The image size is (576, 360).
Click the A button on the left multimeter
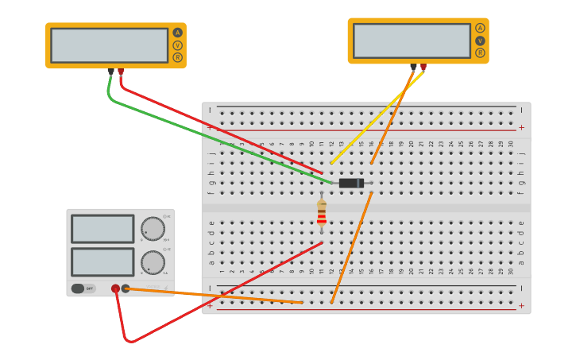click(177, 33)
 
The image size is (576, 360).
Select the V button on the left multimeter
click(177, 45)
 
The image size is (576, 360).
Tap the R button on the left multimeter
click(177, 57)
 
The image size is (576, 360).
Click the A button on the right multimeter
click(480, 28)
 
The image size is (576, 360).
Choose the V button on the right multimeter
click(480, 41)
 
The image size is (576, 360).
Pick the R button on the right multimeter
click(480, 52)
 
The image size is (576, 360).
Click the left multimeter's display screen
click(109, 45)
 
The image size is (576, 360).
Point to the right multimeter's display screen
click(412, 41)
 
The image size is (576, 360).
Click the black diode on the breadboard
click(350, 183)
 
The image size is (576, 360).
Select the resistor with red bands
click(322, 212)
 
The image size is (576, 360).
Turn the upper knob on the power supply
click(153, 229)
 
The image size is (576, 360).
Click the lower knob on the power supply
click(153, 262)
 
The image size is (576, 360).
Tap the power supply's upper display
click(102, 229)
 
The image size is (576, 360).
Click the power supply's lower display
click(102, 262)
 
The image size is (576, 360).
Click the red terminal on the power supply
click(116, 288)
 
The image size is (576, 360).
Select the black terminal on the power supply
click(126, 288)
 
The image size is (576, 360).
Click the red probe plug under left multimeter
click(121, 72)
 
